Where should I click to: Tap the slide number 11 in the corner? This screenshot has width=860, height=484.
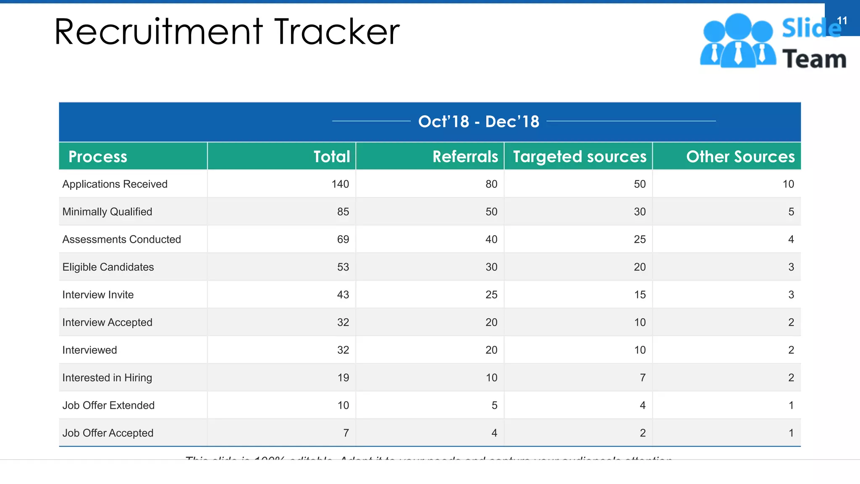(842, 21)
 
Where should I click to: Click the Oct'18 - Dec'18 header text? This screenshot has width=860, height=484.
(479, 122)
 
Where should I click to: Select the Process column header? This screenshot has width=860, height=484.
(97, 157)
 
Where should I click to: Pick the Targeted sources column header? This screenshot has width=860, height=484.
(579, 157)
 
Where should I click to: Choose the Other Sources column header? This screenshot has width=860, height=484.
(740, 157)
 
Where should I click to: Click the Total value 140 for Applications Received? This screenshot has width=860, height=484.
(340, 184)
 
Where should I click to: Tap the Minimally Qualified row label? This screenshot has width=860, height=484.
(107, 212)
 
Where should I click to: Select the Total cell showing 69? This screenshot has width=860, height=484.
(343, 239)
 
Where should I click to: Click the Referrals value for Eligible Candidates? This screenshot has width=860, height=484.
(491, 267)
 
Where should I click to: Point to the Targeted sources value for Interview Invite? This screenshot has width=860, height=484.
(640, 295)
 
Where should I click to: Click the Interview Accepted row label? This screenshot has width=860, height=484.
(107, 323)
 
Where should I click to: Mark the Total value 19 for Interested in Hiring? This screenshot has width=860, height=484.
(343, 378)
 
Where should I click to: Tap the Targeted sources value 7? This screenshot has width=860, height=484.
(642, 378)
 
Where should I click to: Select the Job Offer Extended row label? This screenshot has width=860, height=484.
(108, 405)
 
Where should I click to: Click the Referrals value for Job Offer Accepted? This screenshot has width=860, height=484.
(494, 433)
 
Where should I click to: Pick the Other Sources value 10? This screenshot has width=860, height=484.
(788, 184)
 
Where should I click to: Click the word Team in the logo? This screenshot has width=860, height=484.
(814, 59)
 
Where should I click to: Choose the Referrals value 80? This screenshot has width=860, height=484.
(491, 184)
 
